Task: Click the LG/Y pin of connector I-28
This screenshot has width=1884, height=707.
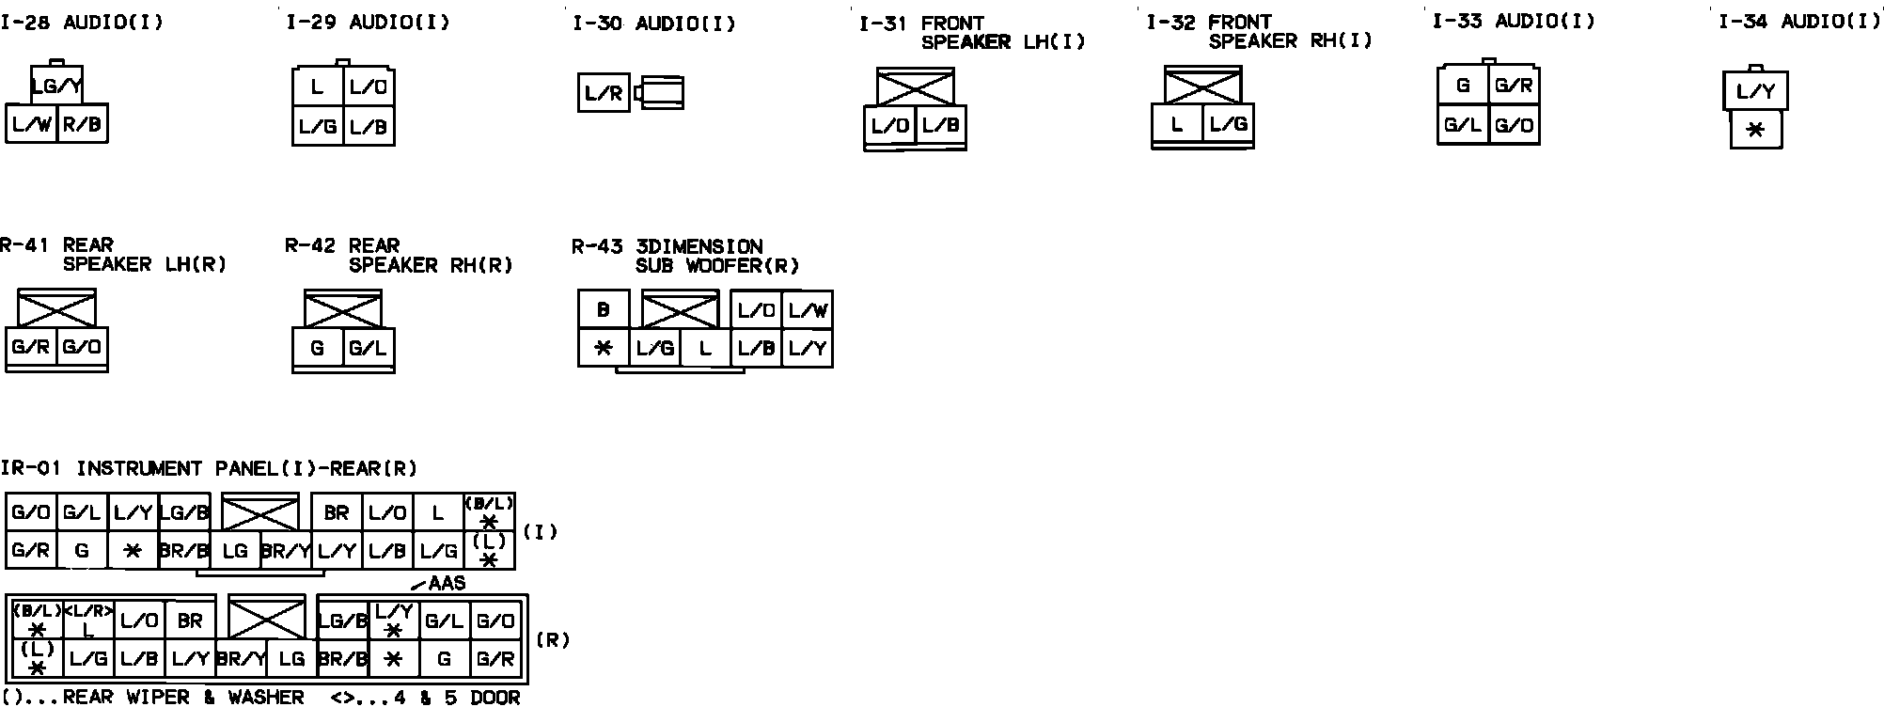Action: pos(56,86)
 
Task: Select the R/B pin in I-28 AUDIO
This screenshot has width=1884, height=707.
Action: pos(83,124)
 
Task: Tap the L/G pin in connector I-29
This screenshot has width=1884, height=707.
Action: pos(318,127)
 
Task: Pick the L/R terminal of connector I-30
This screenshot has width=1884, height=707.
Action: pos(604,93)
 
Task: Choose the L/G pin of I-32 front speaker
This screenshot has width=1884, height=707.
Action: pos(1228,124)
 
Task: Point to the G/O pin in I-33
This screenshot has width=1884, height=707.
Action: pos(1514,125)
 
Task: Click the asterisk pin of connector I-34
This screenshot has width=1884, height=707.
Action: pos(1755,130)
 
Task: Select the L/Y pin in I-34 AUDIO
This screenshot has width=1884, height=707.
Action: pos(1755,92)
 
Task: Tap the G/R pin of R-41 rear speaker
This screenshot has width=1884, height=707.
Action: pos(31,347)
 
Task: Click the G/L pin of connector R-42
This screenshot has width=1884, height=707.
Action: pos(368,348)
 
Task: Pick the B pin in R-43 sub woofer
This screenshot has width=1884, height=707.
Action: pos(604,309)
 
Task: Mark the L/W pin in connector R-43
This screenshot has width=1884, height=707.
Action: pos(807,310)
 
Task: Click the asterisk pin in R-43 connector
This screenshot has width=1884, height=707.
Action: pos(604,348)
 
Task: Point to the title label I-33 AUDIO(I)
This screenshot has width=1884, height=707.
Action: pos(1514,21)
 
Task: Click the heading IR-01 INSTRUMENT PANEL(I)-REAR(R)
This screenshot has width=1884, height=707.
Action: pos(209,468)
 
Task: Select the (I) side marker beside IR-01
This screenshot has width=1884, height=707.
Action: pos(540,532)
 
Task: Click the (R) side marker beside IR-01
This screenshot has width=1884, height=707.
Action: pos(553,640)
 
